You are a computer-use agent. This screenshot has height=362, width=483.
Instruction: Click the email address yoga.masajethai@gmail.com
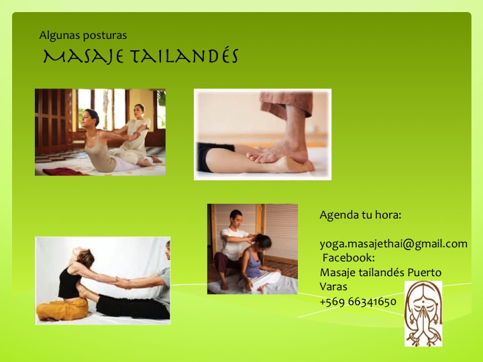pos(393,244)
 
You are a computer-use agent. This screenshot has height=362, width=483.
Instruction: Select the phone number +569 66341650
pos(358,302)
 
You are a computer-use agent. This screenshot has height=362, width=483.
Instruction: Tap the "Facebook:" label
pos(348,257)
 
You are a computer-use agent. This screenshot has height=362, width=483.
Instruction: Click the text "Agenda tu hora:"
pos(360,215)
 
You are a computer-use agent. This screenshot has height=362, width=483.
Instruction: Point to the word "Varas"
pos(333,287)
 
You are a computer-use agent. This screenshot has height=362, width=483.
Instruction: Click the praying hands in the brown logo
pos(424,320)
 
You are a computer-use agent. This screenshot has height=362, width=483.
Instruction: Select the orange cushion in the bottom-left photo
pos(62,309)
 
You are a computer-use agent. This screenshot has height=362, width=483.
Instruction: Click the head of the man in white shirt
pos(236,218)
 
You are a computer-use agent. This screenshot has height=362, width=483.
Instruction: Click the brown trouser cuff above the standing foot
pos(286,103)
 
